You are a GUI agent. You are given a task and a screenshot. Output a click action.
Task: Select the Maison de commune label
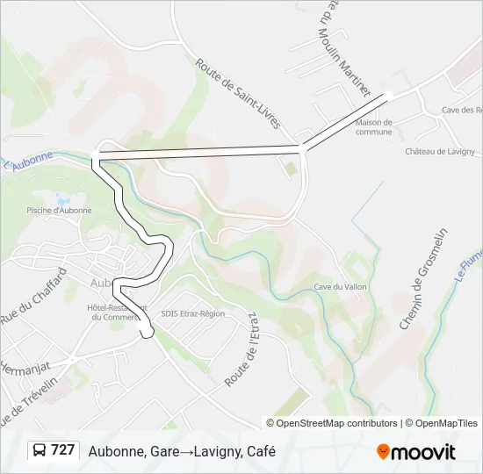pos(373,127)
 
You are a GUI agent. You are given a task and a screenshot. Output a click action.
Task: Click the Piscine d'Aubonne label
pos(59,211)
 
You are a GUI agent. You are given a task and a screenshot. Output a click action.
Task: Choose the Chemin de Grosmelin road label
pos(423,278)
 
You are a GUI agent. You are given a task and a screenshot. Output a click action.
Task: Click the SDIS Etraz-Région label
pos(193,313)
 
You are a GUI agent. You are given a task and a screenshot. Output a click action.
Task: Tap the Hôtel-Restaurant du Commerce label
pos(116,312)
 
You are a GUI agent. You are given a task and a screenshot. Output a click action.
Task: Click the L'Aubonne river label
pos(28,162)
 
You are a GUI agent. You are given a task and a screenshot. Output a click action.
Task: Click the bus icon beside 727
pos(39,450)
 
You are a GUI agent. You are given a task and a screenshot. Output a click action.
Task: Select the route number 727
pos(62,450)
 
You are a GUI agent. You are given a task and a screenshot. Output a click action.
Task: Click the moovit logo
pos(416,451)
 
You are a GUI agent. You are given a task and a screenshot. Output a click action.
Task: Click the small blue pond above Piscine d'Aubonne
pos(60,199)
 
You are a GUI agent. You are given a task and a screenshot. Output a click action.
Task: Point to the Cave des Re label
pos(462,110)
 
